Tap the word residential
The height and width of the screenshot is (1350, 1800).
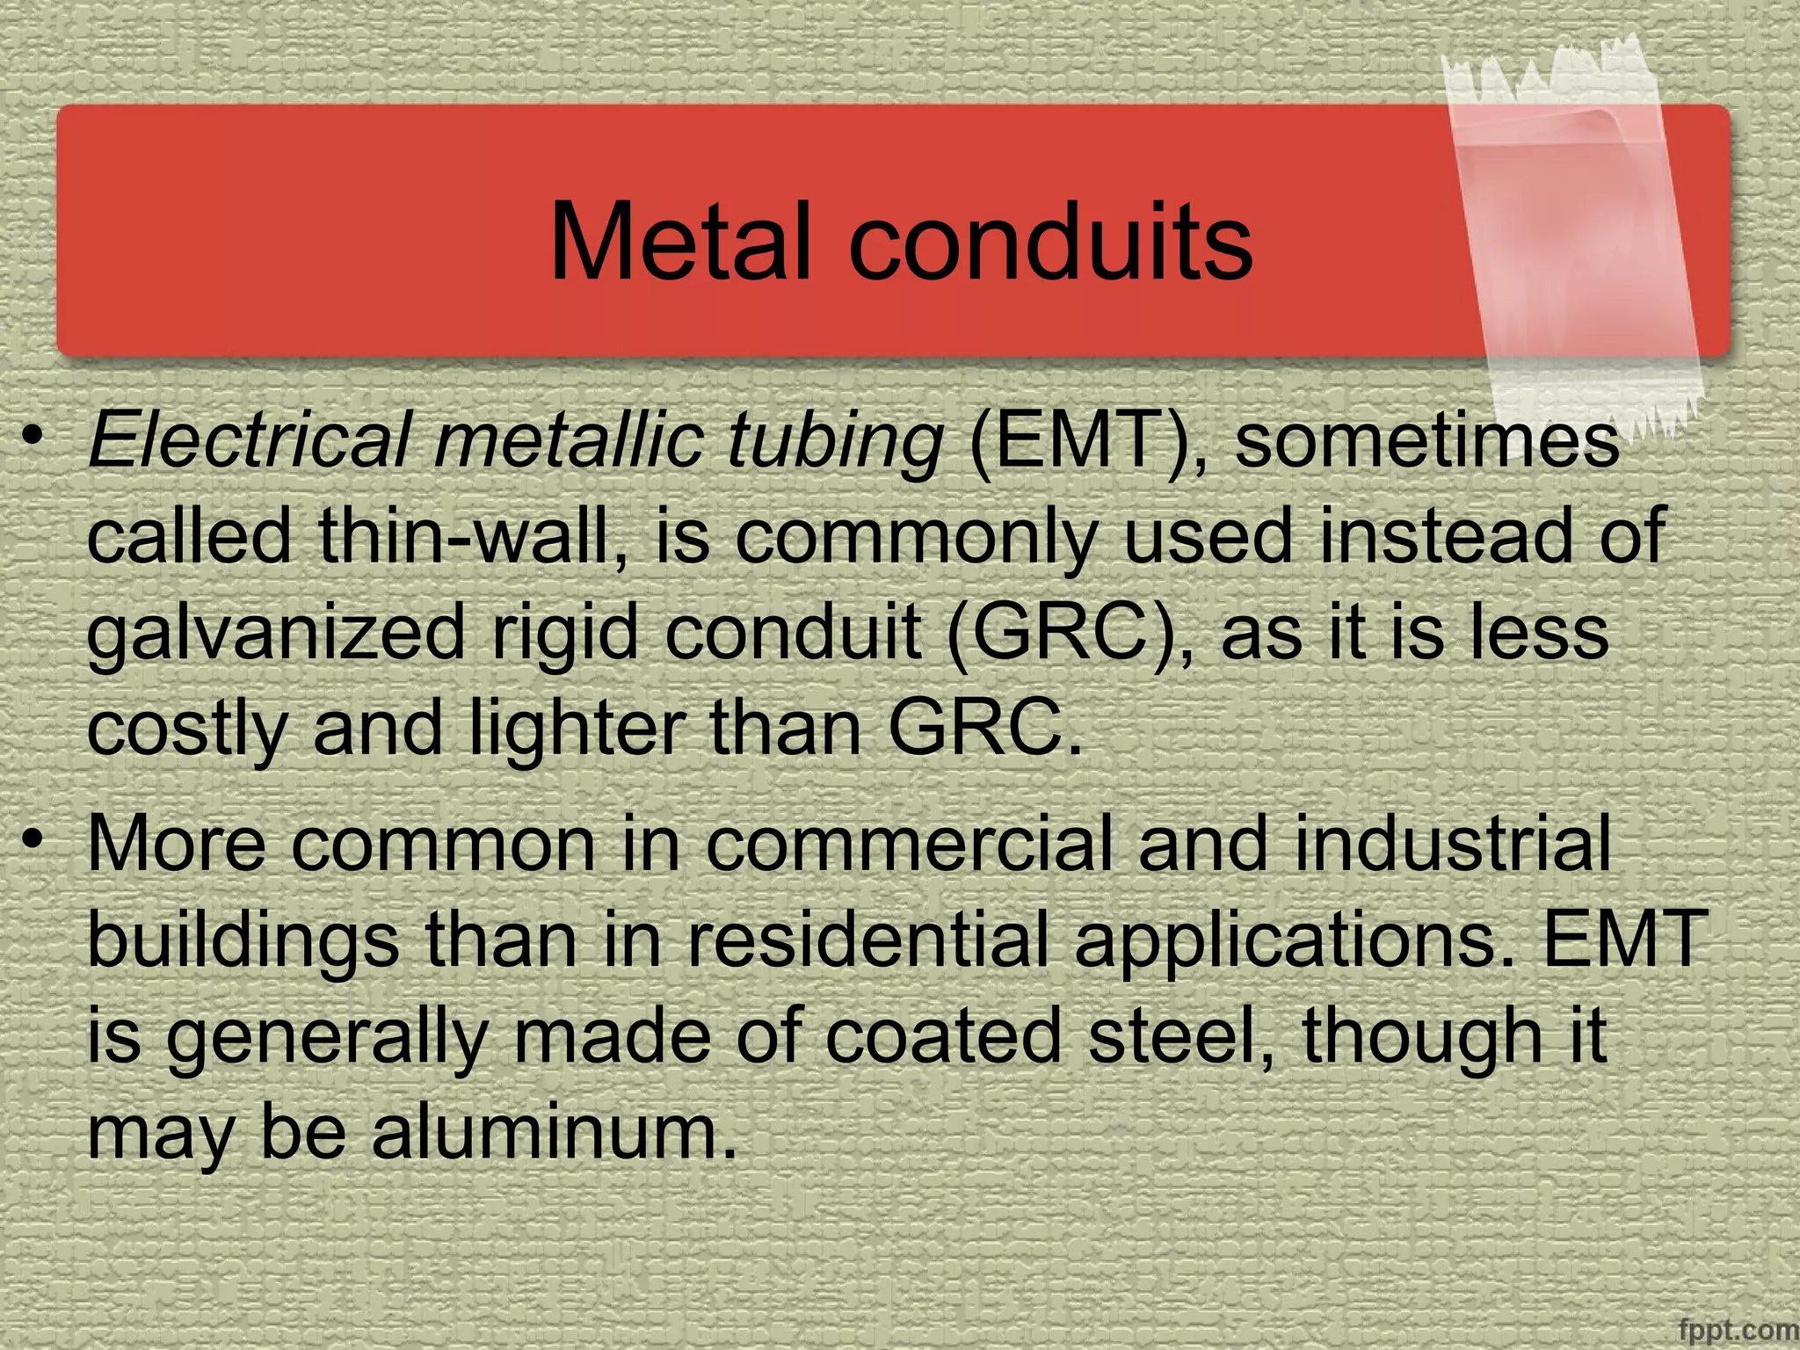[x=867, y=940]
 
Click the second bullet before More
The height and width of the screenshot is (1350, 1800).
[x=33, y=839]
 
